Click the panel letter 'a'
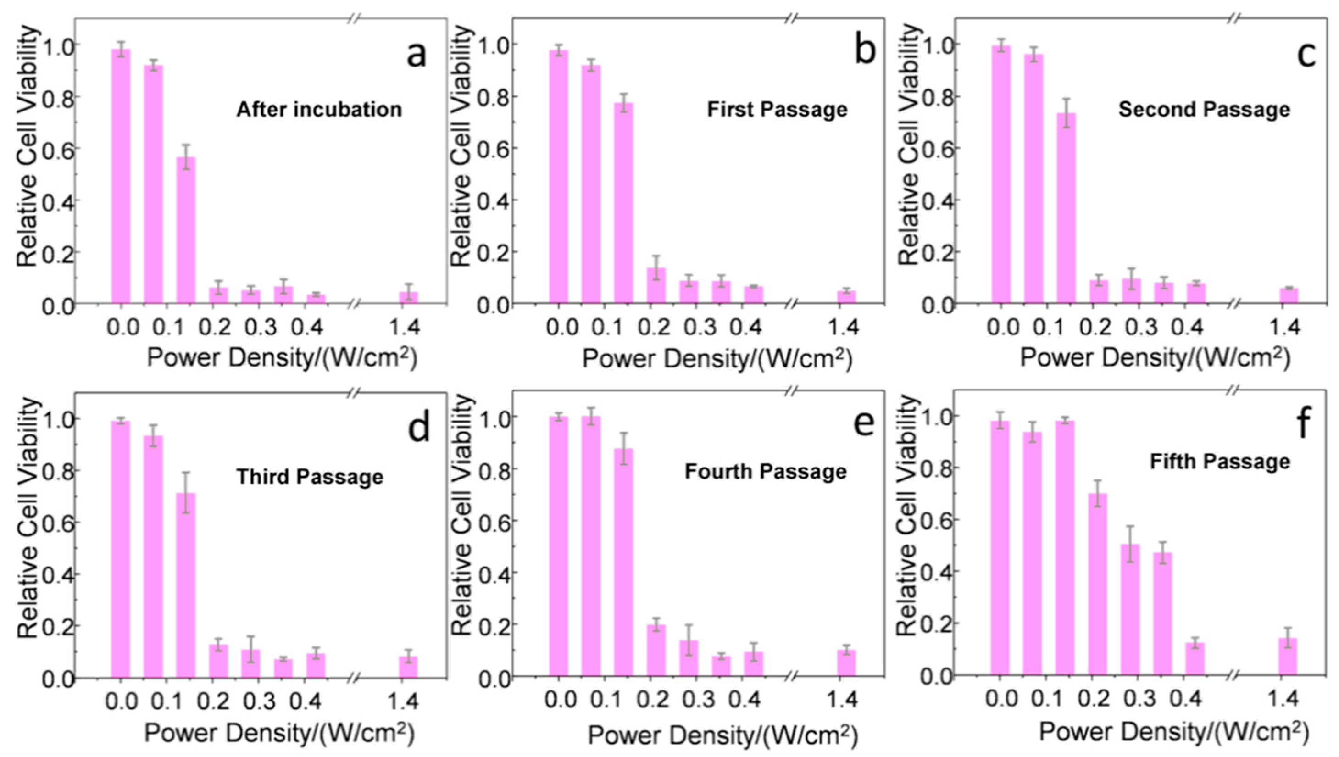pos(416,55)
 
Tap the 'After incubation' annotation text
pos(319,110)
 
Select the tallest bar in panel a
pos(121,177)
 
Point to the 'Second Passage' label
pos(1204,110)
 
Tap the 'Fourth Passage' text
pos(765,472)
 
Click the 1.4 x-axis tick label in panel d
pos(403,701)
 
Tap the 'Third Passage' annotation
pos(310,477)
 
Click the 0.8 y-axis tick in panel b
pos(491,97)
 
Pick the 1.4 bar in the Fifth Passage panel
pos(1288,656)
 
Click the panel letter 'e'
pos(864,424)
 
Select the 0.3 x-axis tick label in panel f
pos(1143,698)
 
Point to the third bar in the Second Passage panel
pos(1066,208)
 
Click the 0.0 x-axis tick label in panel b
pos(561,328)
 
